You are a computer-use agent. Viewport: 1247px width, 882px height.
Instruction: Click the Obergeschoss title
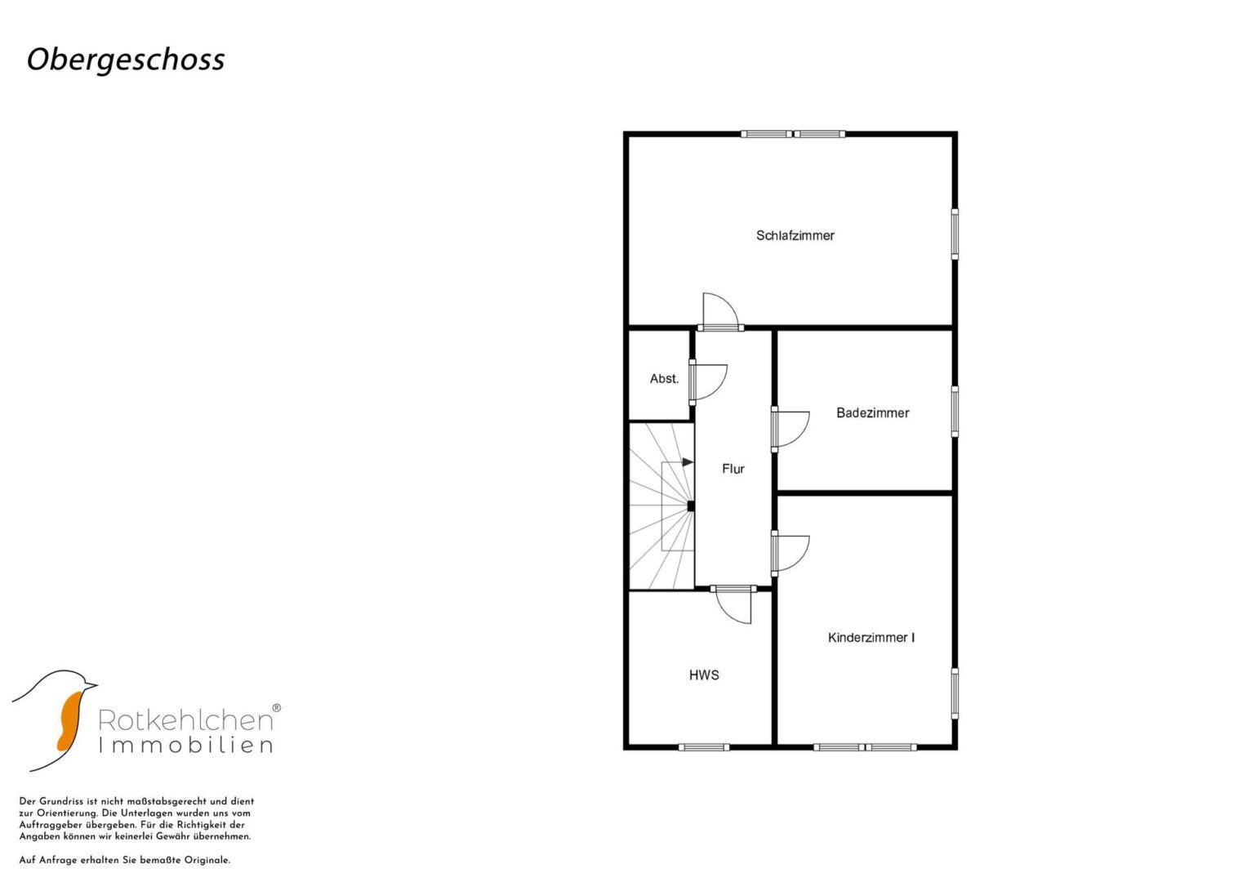tap(126, 60)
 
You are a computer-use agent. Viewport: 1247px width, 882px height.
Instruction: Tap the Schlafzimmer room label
tap(795, 235)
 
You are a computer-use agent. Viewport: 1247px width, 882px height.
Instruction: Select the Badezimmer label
tap(872, 412)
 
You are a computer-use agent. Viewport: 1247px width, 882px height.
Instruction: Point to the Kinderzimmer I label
tap(871, 638)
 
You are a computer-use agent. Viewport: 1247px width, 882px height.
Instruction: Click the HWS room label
tap(704, 675)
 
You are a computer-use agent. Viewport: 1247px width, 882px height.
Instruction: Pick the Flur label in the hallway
tap(733, 469)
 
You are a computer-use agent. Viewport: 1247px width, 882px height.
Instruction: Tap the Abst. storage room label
tap(664, 379)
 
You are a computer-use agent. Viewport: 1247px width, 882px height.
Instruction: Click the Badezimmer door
tap(790, 430)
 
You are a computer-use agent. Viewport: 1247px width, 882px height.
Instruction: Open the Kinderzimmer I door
tap(790, 554)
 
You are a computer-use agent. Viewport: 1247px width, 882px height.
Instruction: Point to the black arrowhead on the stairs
tap(688, 462)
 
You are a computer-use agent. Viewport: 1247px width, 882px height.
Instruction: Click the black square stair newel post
tap(691, 506)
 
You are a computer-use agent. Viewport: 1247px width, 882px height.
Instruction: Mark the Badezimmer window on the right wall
tap(955, 412)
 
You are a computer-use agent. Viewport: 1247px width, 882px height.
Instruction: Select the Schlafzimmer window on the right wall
tap(955, 234)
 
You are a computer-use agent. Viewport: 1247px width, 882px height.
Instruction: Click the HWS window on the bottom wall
tap(704, 747)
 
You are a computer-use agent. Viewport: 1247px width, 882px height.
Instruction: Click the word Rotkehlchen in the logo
tap(186, 720)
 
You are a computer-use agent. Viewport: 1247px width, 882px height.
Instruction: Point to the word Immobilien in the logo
tap(186, 745)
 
